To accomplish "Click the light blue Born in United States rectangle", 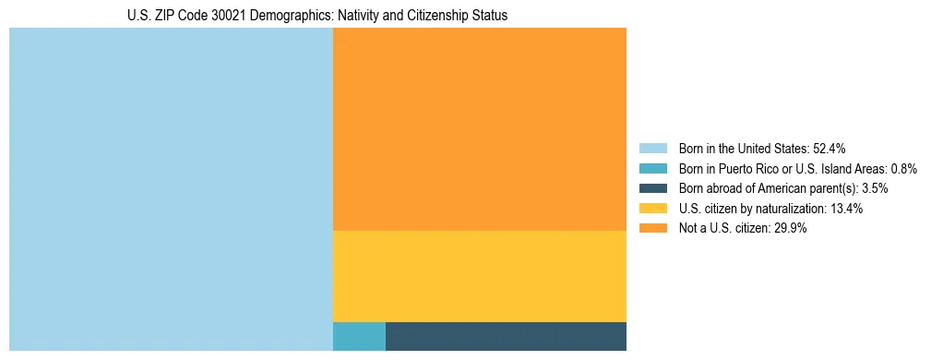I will [x=171, y=189].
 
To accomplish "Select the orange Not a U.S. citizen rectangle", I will [x=479, y=129].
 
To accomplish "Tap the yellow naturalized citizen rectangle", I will [x=479, y=276].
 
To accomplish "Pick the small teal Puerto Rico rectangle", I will [x=359, y=336].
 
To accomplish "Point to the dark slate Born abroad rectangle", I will [x=506, y=336].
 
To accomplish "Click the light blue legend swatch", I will [x=652, y=148].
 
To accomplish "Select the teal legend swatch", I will [x=652, y=168].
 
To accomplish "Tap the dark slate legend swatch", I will [x=652, y=188].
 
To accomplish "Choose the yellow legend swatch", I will [x=652, y=209].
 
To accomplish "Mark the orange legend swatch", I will [x=652, y=229].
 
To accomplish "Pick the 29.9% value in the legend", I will [x=791, y=229].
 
